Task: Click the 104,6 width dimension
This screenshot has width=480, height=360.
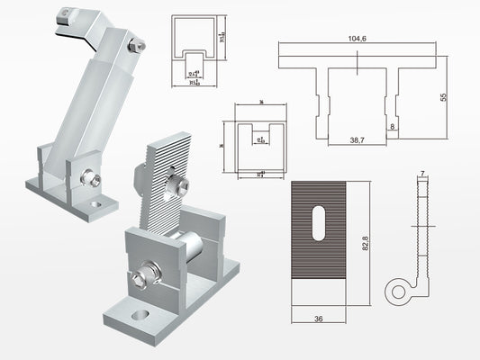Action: click(x=358, y=40)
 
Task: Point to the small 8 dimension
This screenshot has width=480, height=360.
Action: click(x=394, y=128)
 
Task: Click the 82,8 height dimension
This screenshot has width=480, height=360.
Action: click(x=365, y=244)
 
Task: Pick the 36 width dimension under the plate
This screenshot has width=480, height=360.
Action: click(x=319, y=318)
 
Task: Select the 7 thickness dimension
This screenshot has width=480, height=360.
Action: click(x=421, y=172)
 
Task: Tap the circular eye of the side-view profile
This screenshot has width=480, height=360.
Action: click(x=396, y=290)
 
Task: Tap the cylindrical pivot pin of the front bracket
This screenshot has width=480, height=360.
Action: click(x=195, y=244)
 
